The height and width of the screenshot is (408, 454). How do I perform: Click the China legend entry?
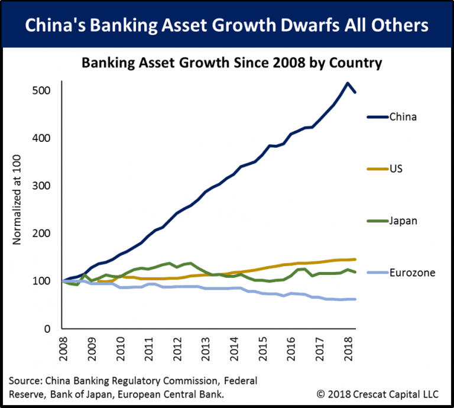tap(403, 116)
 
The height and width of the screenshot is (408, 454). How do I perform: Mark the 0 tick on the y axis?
tap(47, 328)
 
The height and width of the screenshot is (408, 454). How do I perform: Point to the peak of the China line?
tap(348, 83)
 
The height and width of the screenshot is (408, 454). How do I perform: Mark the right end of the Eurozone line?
tap(355, 299)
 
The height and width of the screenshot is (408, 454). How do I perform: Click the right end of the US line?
tap(355, 259)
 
